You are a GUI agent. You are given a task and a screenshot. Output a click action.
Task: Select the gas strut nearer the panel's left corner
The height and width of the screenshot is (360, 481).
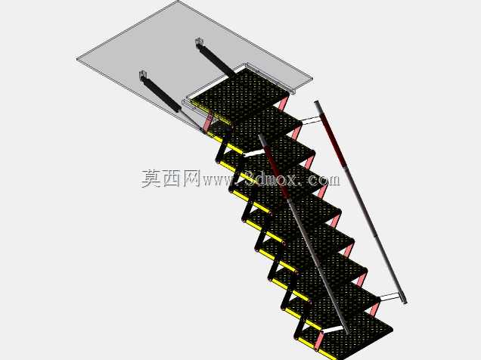point(161,93)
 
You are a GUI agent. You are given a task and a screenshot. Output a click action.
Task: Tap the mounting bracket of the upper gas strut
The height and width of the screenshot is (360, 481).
point(200,42)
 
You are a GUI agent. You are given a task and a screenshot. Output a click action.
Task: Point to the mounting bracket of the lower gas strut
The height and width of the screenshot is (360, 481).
point(144,75)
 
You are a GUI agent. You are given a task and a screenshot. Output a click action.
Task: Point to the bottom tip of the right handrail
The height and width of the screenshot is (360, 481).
point(405,302)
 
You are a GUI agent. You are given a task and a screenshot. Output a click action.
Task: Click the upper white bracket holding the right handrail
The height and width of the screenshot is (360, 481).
point(311,120)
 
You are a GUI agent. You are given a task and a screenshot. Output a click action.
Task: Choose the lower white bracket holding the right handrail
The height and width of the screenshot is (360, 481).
point(389,296)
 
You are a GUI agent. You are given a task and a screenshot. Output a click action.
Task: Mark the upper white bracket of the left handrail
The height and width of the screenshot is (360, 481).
point(254,154)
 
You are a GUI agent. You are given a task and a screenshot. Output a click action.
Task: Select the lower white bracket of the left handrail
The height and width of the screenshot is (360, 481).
point(333,331)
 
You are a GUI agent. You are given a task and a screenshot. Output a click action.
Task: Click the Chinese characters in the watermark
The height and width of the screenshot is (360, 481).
point(171,178)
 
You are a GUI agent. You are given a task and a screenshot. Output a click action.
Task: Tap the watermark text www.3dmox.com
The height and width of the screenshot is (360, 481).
point(272,180)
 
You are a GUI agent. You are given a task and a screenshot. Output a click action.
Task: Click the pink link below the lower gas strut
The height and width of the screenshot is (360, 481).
point(209,123)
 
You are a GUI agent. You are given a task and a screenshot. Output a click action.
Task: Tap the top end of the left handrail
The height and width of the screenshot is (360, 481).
point(262,137)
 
